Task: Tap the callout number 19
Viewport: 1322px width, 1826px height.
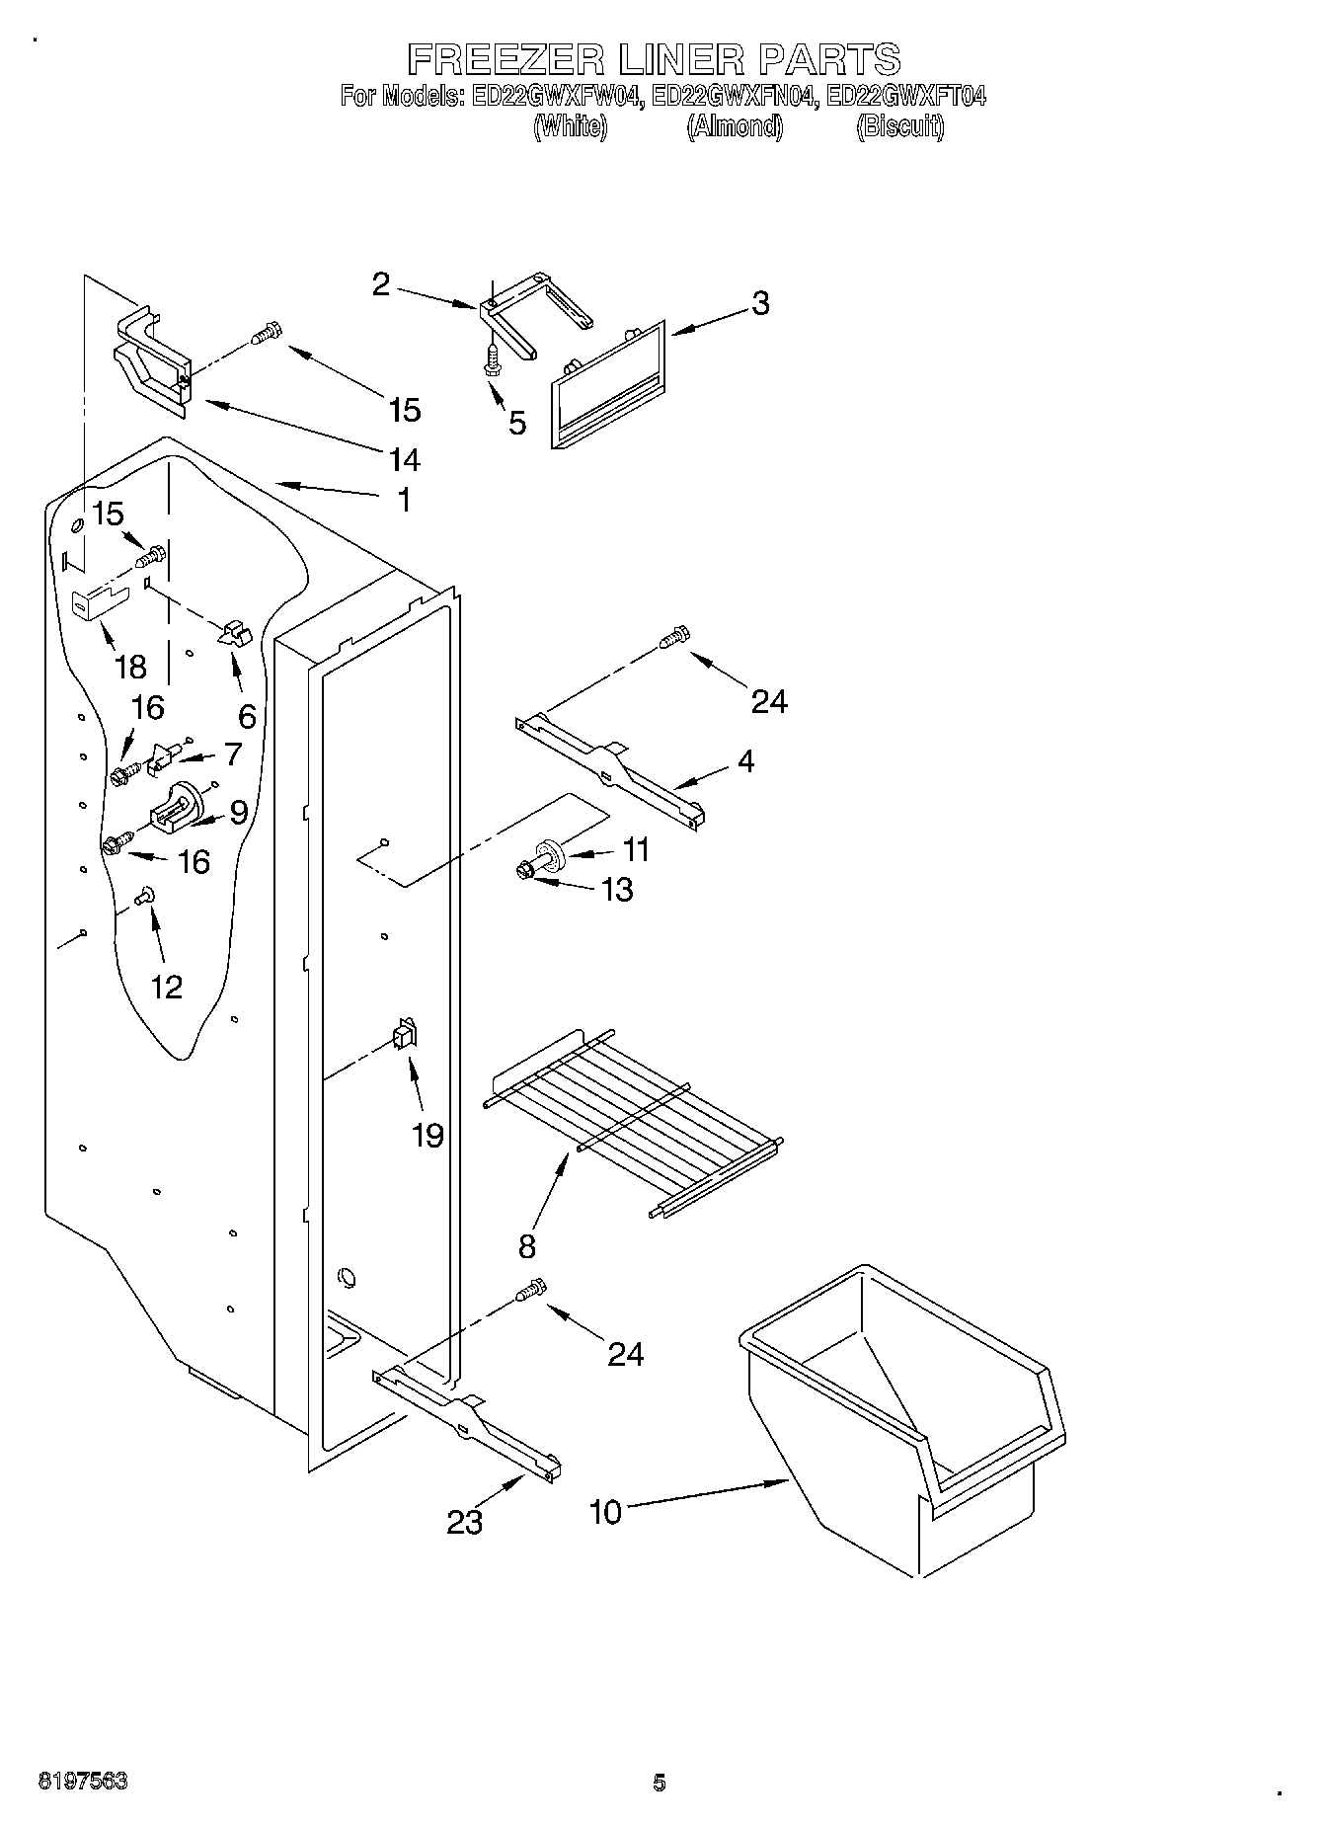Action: [428, 1136]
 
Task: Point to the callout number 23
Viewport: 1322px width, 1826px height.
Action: [464, 1522]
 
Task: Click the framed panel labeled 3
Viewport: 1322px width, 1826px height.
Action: [608, 385]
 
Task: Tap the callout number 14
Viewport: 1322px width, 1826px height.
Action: [405, 459]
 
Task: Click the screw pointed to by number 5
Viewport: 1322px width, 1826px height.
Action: [491, 361]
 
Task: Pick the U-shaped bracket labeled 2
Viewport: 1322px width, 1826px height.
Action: [533, 311]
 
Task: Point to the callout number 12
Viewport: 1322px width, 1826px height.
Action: [166, 986]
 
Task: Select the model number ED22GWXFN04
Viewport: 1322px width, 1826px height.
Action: [735, 97]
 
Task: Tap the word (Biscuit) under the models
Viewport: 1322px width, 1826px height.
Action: [899, 126]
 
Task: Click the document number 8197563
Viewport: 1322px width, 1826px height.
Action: [83, 1783]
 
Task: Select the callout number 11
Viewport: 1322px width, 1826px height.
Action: [637, 848]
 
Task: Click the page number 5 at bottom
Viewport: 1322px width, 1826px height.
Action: [660, 1783]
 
